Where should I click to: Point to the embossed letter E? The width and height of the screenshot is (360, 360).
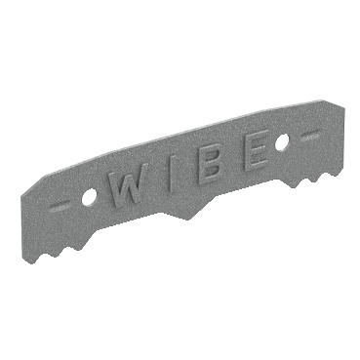pyautogui.click(x=257, y=150)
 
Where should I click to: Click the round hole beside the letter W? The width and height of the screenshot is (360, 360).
pyautogui.click(x=88, y=198)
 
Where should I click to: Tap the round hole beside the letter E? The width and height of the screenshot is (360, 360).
pyautogui.click(x=282, y=142)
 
